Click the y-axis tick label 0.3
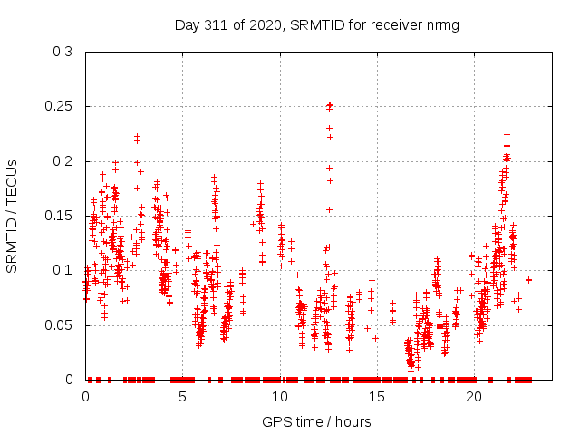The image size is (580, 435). point(63,52)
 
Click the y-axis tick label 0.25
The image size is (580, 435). point(59,107)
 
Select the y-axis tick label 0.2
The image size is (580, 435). point(63,161)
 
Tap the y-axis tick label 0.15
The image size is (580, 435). point(59,216)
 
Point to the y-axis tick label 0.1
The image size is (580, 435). point(63,270)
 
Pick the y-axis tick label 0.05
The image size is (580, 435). point(59,324)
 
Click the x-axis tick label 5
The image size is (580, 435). point(183,396)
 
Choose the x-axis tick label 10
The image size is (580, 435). point(280,396)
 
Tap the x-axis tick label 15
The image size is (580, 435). point(377,396)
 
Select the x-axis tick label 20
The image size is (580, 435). point(474,396)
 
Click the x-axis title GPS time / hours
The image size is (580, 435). point(316,421)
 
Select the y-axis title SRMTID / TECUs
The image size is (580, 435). point(12,216)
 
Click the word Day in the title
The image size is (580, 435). point(187,24)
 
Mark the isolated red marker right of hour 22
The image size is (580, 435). point(528,280)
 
